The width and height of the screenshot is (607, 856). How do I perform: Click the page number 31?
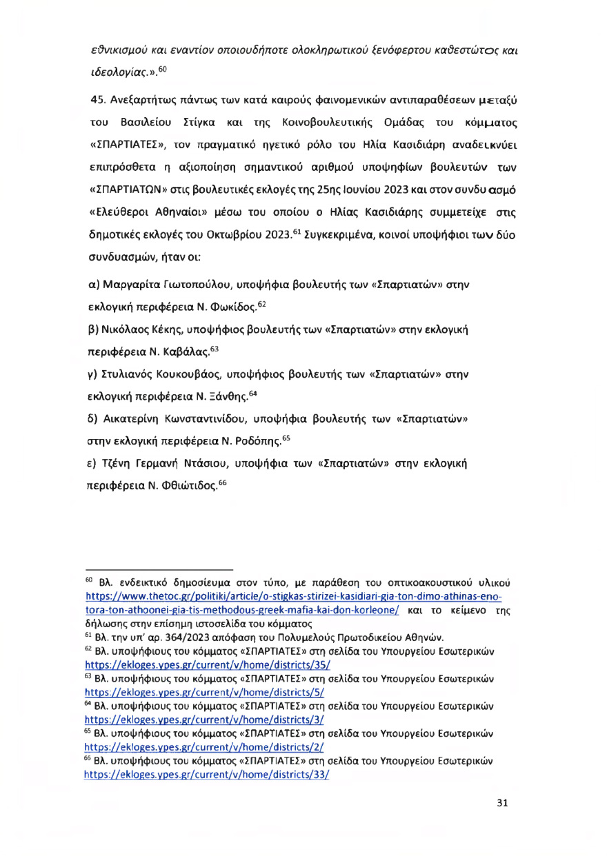point(504,802)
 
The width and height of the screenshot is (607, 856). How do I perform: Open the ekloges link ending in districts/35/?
point(208,666)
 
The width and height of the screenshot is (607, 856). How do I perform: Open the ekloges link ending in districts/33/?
point(208,774)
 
